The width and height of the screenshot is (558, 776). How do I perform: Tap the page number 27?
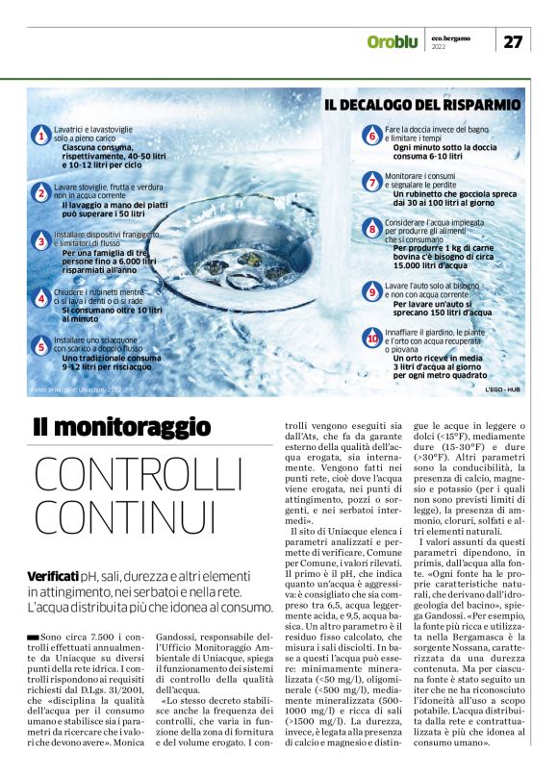(514, 41)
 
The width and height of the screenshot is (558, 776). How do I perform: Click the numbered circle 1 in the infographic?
(41, 138)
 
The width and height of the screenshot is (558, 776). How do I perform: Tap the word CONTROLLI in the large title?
(140, 475)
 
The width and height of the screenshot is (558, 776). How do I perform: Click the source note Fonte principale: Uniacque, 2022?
(77, 389)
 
